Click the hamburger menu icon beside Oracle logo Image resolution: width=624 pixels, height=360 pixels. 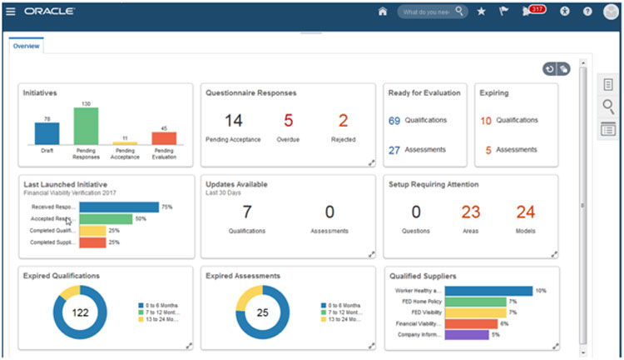[x=11, y=12]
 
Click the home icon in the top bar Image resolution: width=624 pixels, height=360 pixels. [x=383, y=12]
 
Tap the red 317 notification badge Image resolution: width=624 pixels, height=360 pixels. [x=537, y=10]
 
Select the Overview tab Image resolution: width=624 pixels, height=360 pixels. [x=26, y=46]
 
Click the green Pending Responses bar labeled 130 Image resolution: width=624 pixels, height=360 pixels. [x=86, y=126]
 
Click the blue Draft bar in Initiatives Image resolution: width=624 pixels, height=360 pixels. [x=47, y=133]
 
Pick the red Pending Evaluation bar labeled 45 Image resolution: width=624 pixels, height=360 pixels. [x=164, y=138]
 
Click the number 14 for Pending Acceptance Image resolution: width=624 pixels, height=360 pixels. [x=233, y=120]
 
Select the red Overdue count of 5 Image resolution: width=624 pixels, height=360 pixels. [x=288, y=120]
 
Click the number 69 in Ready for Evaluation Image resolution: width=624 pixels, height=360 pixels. [x=394, y=121]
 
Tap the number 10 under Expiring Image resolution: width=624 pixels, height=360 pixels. [x=486, y=121]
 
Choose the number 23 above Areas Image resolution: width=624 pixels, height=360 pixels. [x=471, y=212]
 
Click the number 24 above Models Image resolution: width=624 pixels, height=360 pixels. [x=525, y=212]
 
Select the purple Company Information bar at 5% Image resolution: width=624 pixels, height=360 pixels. [x=468, y=335]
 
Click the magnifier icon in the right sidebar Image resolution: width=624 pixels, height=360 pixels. [x=608, y=106]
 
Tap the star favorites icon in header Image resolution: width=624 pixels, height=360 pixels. [x=481, y=12]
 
